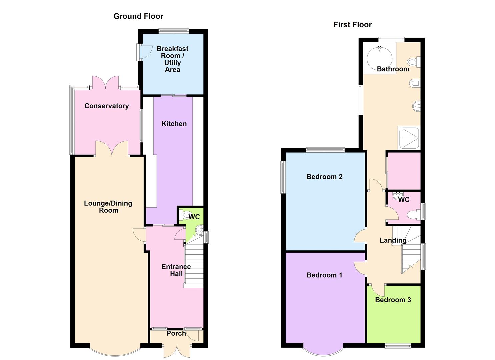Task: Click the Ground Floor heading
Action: (138, 16)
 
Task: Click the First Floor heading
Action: (352, 24)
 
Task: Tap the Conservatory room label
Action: (106, 106)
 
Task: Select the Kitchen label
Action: (174, 124)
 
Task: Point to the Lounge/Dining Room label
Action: (108, 207)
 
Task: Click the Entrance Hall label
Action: (176, 270)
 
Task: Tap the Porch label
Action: (176, 333)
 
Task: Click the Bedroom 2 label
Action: (324, 177)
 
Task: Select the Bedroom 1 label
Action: (324, 275)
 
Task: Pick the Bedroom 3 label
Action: (393, 300)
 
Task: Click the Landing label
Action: (393, 240)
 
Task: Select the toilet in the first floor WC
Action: (414, 215)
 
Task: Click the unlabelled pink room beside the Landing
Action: (404, 171)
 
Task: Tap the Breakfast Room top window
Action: (173, 31)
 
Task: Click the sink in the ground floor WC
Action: (199, 229)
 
